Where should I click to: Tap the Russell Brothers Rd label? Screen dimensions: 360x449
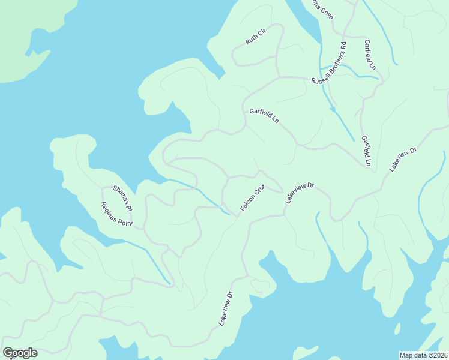coord(329,63)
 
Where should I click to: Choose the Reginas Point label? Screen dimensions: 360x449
coord(116,215)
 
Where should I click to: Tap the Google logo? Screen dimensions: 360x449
coord(20,353)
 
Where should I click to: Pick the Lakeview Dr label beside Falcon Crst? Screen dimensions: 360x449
coord(300,193)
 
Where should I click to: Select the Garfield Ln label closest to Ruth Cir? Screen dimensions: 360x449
coord(264,116)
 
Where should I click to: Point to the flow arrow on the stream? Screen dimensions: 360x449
coord(332,110)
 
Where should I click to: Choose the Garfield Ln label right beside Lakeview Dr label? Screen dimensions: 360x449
coord(366,151)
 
